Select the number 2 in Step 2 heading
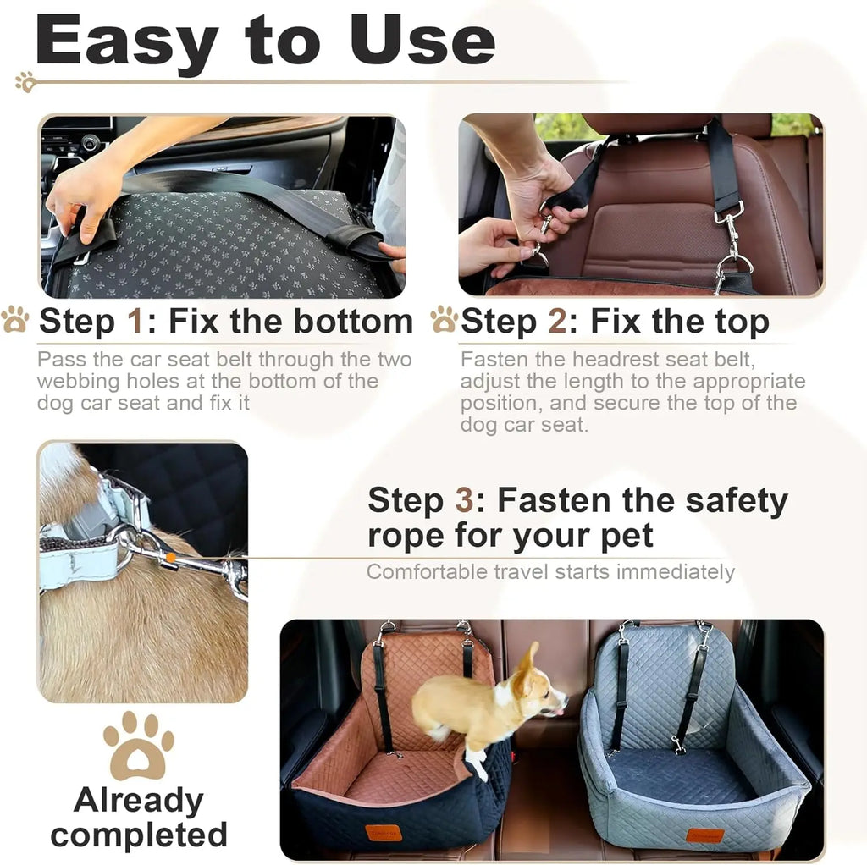pos(557,322)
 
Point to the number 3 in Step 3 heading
pos(464,501)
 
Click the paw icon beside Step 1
pos(15,320)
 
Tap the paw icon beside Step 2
pos(444,320)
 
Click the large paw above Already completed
pos(138,745)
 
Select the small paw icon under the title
pos(25,82)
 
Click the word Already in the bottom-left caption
pos(138,800)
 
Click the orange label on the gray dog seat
pos(704,835)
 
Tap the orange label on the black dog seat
pos(384,833)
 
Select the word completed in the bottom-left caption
pos(140,835)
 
